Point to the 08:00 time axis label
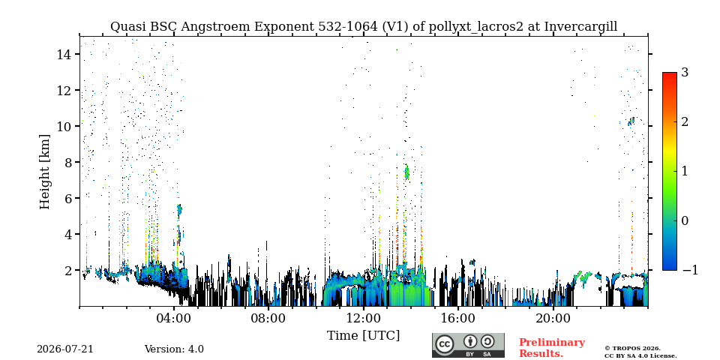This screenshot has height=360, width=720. point(268,318)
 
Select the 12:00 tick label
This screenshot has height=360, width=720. point(364,318)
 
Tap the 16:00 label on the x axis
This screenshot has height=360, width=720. point(458,318)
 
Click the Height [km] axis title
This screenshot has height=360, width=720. point(44,172)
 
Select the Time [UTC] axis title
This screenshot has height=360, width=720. point(363,336)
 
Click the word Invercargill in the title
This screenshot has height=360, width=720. point(580,27)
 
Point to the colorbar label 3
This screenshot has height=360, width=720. point(685,72)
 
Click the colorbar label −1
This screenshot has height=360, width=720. point(689,270)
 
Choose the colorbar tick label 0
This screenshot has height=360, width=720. point(685,220)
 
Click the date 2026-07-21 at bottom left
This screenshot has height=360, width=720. point(64,349)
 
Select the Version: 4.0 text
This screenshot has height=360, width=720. point(174,349)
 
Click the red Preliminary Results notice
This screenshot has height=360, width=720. point(552,347)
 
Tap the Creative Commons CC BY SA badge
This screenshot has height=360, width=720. point(468,345)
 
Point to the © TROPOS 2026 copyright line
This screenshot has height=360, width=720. point(632,349)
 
